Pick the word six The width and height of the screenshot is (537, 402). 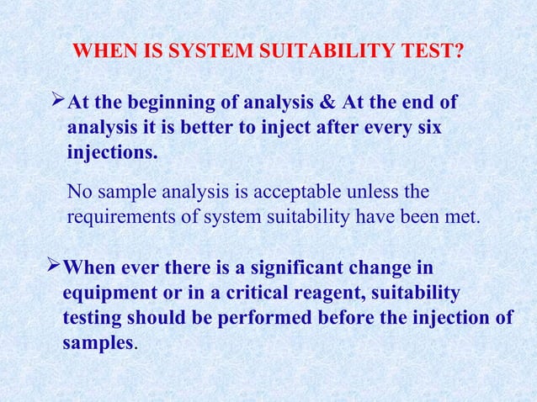[424, 130]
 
